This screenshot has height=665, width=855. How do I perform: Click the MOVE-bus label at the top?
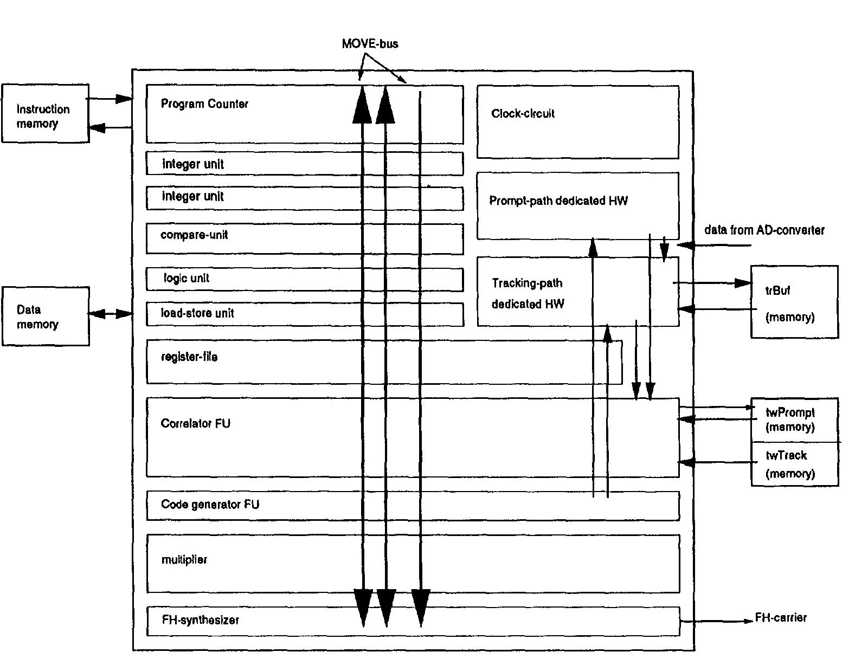click(x=370, y=44)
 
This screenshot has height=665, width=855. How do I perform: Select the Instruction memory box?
click(x=45, y=114)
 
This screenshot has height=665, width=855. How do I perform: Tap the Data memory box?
click(x=45, y=317)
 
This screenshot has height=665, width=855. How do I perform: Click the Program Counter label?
click(x=204, y=104)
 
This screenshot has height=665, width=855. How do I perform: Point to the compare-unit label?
click(x=194, y=235)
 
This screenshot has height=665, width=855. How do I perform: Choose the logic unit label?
click(x=187, y=279)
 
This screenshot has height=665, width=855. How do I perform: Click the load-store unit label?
click(x=197, y=313)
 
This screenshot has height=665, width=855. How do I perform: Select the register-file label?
click(x=189, y=357)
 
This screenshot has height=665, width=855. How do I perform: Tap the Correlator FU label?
click(x=195, y=424)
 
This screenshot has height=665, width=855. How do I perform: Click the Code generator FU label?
click(x=210, y=505)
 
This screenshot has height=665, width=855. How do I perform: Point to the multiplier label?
click(x=184, y=560)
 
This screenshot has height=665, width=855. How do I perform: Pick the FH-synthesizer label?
click(x=200, y=620)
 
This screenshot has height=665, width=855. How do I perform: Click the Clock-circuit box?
click(x=577, y=122)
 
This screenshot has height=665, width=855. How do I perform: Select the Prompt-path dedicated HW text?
click(x=558, y=201)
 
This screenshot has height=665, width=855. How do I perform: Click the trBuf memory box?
click(x=794, y=302)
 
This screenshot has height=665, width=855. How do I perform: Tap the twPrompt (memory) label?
click(x=790, y=420)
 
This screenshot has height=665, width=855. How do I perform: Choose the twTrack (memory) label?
click(x=790, y=464)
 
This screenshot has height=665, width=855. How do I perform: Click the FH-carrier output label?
click(x=781, y=618)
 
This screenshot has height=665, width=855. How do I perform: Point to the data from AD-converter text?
click(x=764, y=230)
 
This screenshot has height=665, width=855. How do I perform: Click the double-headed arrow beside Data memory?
click(x=111, y=314)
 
